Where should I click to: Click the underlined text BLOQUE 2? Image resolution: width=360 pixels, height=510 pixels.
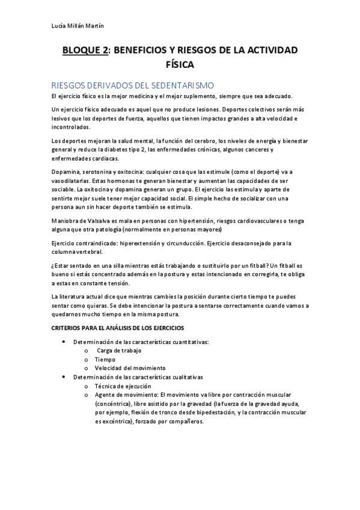point(85,50)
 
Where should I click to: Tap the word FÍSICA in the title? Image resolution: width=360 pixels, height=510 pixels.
point(180,64)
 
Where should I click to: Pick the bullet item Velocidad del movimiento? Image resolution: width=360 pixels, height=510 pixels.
point(129,368)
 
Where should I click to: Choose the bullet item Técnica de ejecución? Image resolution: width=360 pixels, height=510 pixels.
point(123,386)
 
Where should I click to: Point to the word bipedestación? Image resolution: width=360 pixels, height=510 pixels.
point(206,412)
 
